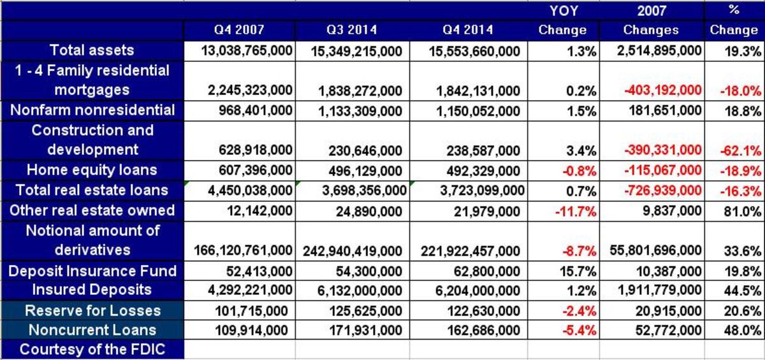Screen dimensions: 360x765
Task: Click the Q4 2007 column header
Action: (x=238, y=30)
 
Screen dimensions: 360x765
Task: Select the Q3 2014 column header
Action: (x=352, y=30)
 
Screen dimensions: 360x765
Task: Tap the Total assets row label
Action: (x=92, y=50)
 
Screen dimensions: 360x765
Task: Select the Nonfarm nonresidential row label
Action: (x=92, y=110)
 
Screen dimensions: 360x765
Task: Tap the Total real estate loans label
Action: (x=92, y=190)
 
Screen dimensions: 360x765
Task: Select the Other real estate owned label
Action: (x=92, y=210)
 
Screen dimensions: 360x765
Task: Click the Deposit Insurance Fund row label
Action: (x=92, y=271)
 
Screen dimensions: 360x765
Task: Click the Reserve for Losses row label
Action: (x=92, y=311)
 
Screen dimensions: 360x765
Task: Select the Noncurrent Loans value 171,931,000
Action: (x=366, y=331)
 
